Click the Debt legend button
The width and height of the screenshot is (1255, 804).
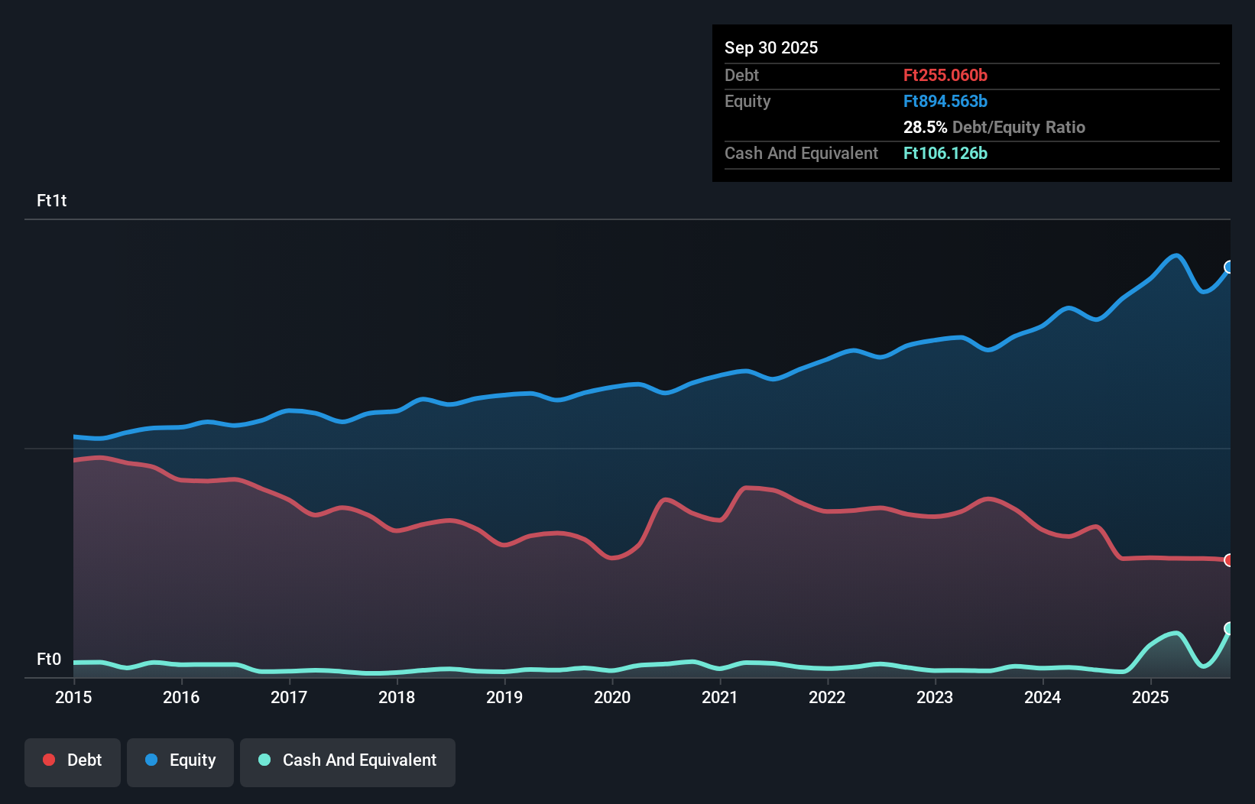tap(73, 761)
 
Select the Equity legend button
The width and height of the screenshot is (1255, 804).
tap(180, 761)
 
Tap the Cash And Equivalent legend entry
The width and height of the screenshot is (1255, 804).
tap(348, 761)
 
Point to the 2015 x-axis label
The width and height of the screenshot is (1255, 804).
tap(73, 697)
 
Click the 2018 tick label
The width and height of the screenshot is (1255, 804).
tap(397, 697)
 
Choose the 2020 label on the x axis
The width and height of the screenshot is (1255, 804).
tap(612, 697)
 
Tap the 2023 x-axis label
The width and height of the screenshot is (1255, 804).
tap(935, 697)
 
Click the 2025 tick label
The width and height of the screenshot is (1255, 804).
tap(1150, 697)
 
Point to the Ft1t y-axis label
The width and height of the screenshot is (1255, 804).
tap(51, 200)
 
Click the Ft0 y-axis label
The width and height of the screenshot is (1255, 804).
tap(49, 659)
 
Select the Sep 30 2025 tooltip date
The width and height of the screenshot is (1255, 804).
tap(771, 47)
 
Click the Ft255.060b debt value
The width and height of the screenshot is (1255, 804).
tap(945, 75)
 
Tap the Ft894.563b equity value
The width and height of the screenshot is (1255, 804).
tap(945, 101)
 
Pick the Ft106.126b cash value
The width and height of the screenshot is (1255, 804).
tap(945, 153)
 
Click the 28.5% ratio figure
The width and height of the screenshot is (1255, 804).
tap(925, 127)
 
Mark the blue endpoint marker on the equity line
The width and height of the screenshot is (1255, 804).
tap(1229, 267)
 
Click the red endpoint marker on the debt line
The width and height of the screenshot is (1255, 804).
tap(1229, 560)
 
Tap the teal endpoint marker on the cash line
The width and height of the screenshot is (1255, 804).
tap(1229, 628)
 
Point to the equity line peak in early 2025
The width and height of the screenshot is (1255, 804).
tap(1176, 256)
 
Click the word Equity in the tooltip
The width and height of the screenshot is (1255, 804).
tap(747, 101)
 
